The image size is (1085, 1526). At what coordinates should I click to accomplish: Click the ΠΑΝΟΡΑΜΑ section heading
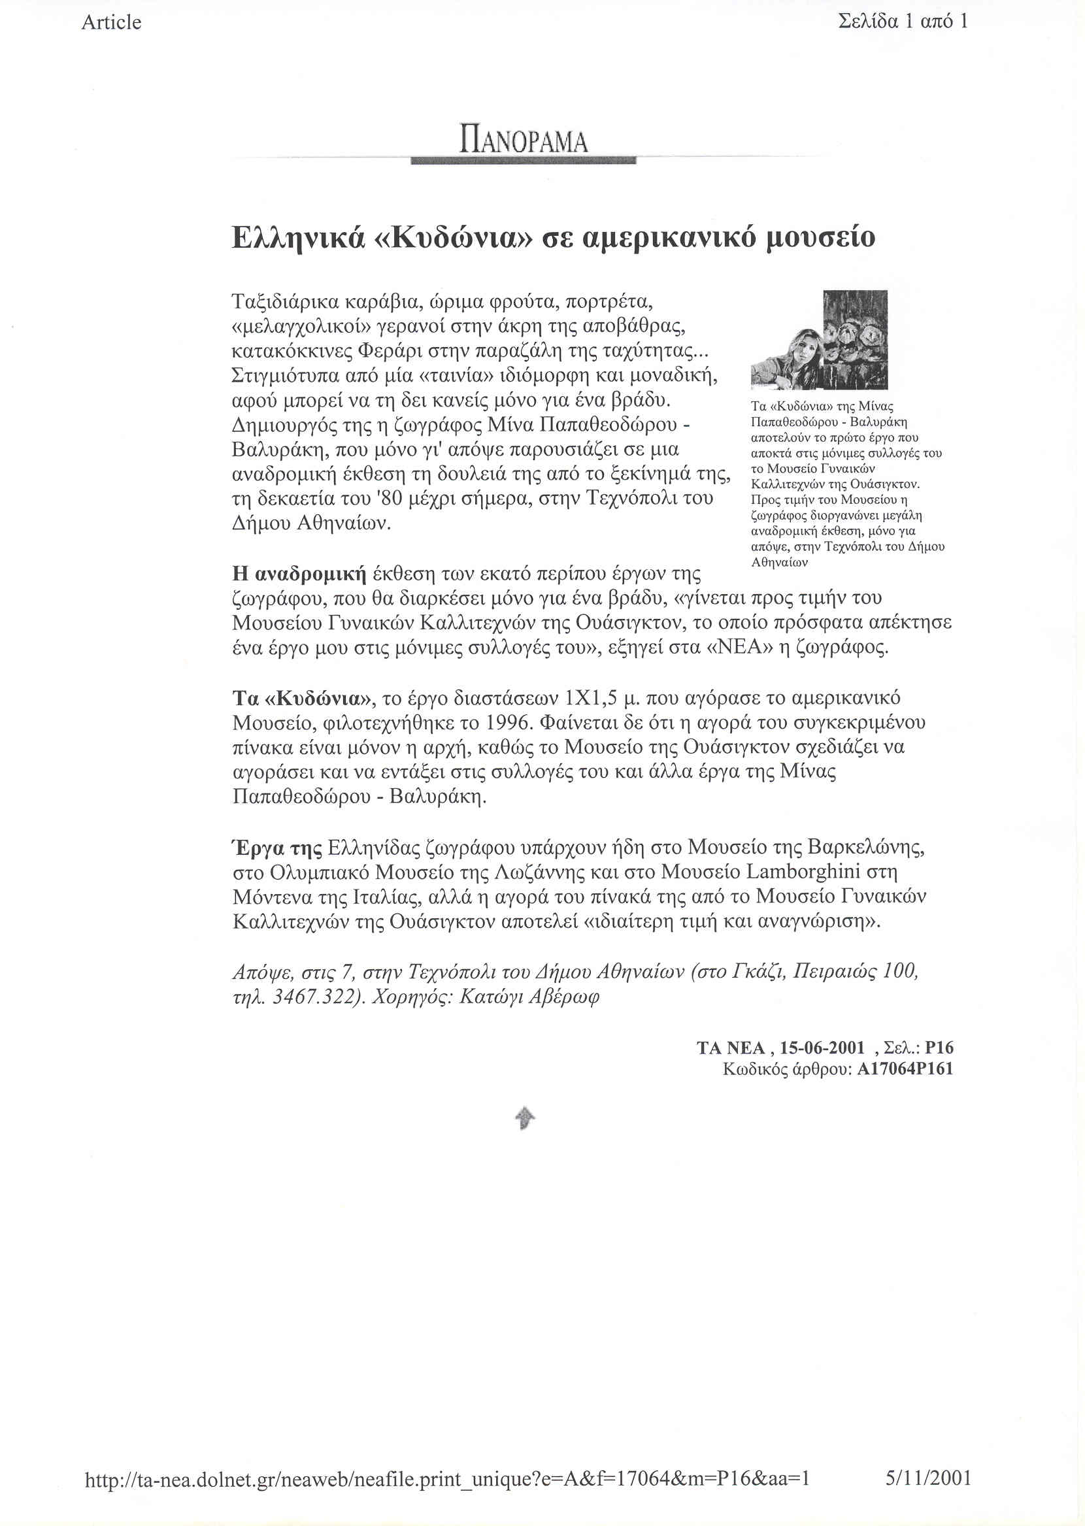523,140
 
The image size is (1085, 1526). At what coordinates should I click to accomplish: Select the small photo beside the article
819,340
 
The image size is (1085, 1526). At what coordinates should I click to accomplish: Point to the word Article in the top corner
111,23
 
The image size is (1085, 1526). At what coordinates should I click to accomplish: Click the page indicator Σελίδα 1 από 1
902,22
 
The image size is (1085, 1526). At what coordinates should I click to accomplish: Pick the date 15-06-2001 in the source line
822,1048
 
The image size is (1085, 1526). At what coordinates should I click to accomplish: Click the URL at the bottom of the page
447,1478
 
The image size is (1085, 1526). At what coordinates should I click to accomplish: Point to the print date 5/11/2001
928,1478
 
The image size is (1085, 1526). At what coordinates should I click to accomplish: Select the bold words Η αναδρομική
299,574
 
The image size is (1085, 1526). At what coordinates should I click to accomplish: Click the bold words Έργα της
276,848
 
